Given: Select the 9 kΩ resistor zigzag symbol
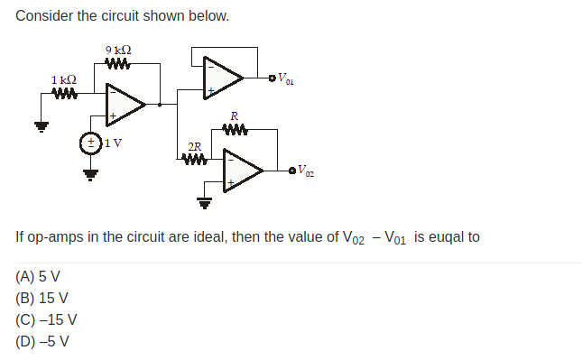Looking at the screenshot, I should [118, 64].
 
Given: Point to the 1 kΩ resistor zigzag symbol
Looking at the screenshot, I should [63, 94].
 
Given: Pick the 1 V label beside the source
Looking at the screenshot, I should [114, 143].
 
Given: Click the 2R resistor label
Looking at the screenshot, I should [194, 146].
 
